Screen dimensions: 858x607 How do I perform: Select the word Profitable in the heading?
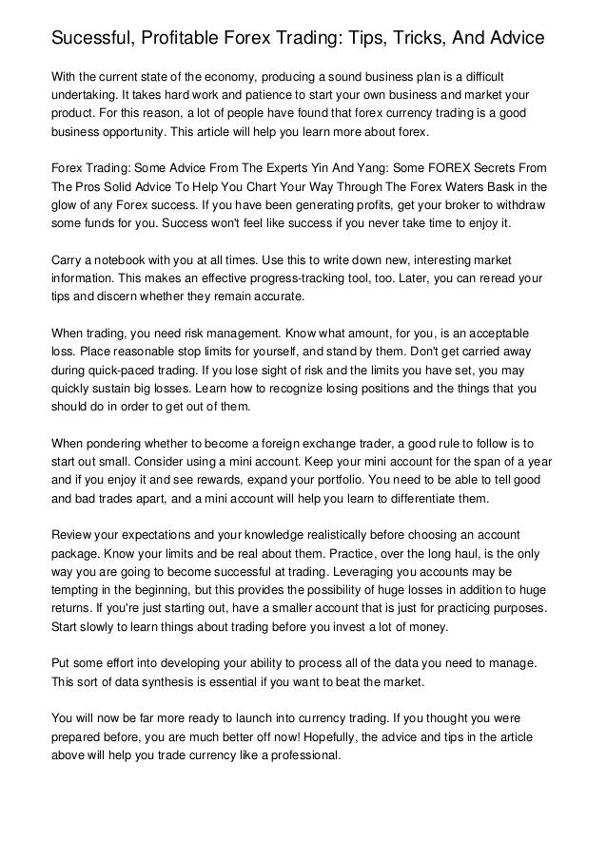coord(186,39)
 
